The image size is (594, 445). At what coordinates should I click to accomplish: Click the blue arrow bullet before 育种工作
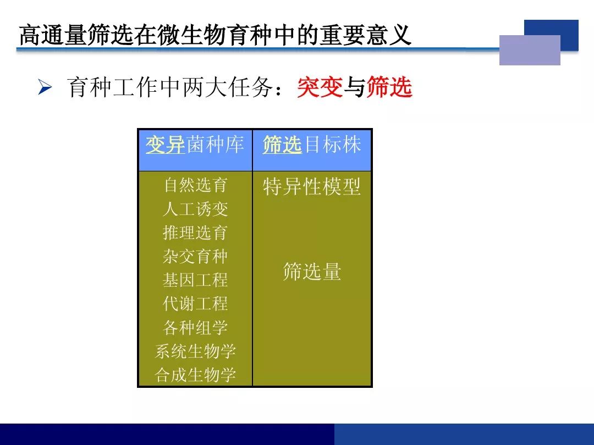click(x=45, y=87)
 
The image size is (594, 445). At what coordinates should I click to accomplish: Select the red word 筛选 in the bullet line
click(x=389, y=87)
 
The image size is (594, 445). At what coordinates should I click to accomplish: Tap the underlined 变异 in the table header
click(x=166, y=145)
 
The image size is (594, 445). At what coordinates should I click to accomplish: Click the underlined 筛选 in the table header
click(x=283, y=145)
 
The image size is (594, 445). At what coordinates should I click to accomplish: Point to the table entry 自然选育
click(x=195, y=186)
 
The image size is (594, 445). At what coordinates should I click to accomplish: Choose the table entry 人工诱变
click(x=195, y=209)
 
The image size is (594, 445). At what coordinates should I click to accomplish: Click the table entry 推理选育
click(x=195, y=233)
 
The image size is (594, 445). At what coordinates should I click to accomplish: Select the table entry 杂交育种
click(x=195, y=257)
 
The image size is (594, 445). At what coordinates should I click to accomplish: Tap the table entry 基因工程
click(x=195, y=280)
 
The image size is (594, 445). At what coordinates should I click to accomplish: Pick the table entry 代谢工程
click(x=195, y=304)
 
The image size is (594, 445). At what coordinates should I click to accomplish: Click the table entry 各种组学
click(x=195, y=327)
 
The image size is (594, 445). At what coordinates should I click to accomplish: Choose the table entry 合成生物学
click(x=195, y=375)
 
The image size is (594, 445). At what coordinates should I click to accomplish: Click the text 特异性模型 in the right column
click(x=312, y=187)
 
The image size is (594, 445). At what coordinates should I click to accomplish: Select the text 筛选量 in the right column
click(x=312, y=272)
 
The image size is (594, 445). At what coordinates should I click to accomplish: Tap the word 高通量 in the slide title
click(x=53, y=35)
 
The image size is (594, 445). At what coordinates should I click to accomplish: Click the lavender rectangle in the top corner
click(x=530, y=50)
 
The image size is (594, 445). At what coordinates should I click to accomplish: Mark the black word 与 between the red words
click(x=355, y=87)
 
